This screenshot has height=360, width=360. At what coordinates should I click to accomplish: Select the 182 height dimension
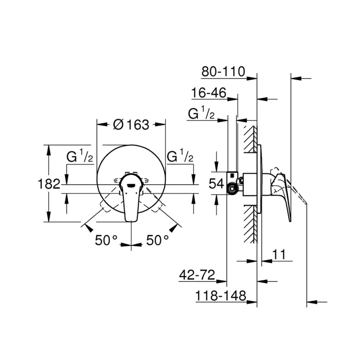[x=49, y=184]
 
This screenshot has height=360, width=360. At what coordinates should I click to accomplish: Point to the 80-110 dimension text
[x=223, y=72]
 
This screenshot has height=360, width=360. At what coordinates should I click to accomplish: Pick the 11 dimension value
[x=279, y=254]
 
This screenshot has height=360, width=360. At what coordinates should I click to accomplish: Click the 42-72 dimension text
[x=197, y=275]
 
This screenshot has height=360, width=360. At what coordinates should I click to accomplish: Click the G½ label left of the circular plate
[x=80, y=156]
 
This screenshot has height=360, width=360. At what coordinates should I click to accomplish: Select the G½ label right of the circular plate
[x=180, y=156]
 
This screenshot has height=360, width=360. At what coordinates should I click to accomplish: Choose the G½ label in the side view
[x=201, y=114]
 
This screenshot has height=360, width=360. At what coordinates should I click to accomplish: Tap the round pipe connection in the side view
[x=232, y=189]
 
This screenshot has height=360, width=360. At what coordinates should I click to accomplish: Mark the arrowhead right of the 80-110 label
[x=252, y=78]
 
